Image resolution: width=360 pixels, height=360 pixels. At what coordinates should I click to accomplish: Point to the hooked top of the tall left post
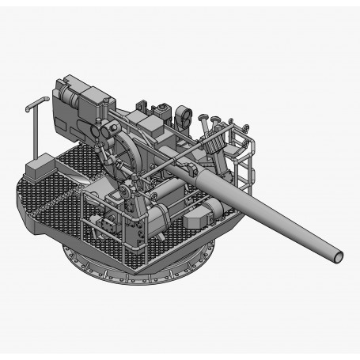(35, 102)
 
